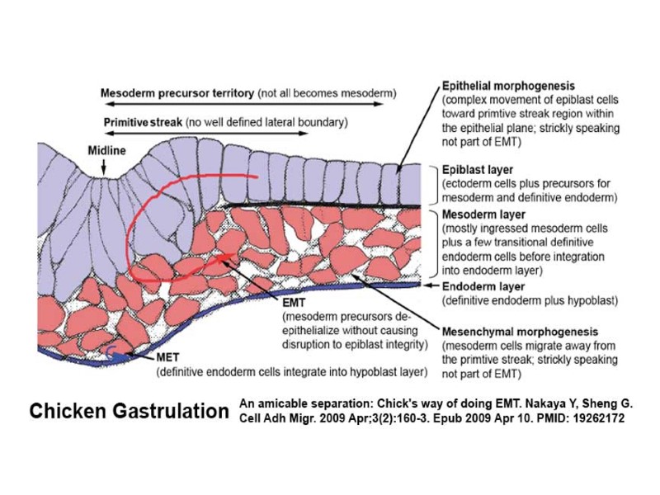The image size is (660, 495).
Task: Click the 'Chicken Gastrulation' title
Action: tap(129, 411)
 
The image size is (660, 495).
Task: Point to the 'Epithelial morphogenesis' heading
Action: tap(508, 85)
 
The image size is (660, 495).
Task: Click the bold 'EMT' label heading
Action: tap(295, 303)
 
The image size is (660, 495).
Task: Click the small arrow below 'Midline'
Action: tap(105, 167)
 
